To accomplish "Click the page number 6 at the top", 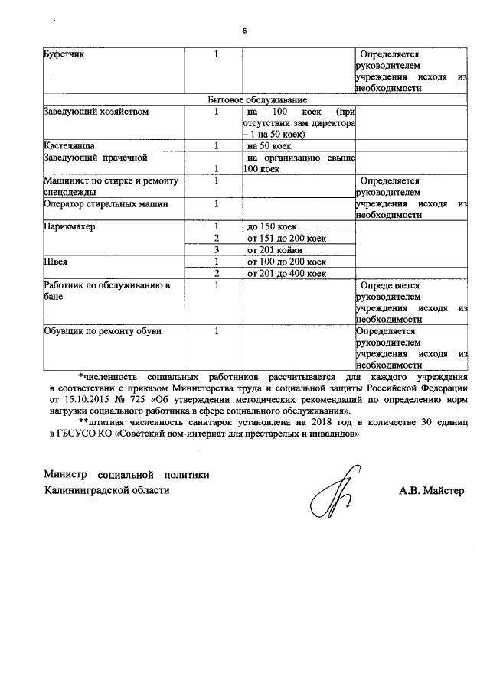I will coord(244,31).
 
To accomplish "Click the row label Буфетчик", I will coord(64,55).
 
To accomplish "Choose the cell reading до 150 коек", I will coord(272,227).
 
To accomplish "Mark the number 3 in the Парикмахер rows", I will coord(217,250).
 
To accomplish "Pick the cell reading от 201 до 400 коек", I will coord(286,273).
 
